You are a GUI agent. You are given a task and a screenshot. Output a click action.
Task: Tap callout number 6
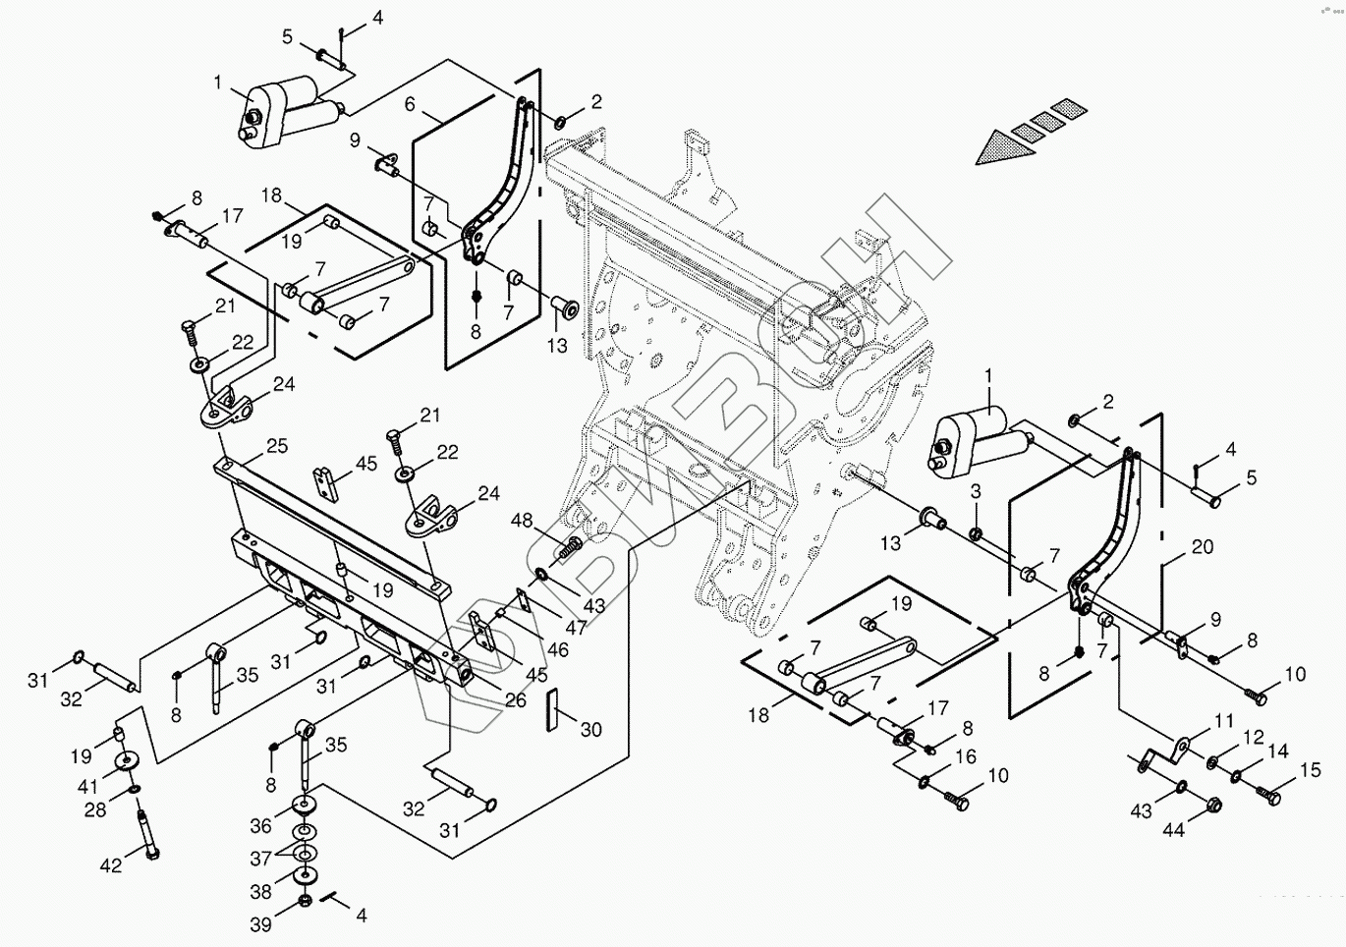point(410,104)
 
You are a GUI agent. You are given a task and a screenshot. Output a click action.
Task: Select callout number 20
point(1203,548)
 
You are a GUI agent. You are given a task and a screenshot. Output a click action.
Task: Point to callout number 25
point(277,446)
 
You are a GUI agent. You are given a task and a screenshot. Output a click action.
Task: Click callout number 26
point(515,700)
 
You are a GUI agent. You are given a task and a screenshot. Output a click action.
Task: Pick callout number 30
point(590,730)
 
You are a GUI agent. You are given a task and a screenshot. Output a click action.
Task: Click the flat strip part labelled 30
point(551,710)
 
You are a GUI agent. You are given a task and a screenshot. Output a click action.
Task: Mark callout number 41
point(88,786)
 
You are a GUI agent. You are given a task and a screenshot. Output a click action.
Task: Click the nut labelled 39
point(305,900)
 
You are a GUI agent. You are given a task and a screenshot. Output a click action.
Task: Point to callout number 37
point(260,859)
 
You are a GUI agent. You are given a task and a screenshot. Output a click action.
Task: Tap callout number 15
point(1311,770)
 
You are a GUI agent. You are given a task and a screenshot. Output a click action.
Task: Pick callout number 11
point(1223,722)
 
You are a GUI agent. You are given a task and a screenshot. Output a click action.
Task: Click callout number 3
point(976,490)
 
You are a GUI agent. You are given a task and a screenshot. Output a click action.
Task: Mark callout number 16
point(966,756)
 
